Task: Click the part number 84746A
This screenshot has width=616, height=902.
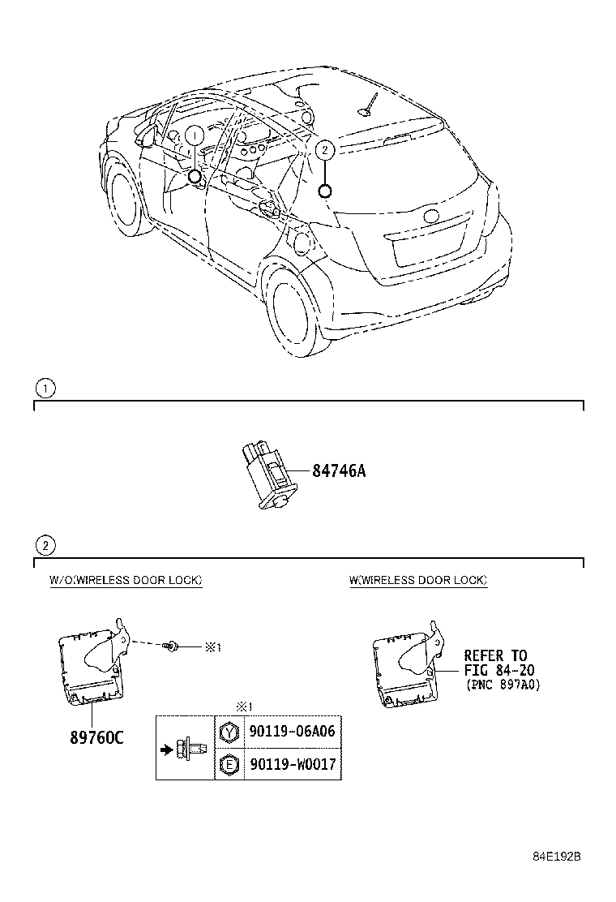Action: click(x=339, y=470)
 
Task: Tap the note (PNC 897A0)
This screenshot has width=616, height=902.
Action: click(x=503, y=685)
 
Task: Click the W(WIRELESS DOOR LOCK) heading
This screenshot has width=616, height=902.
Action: click(x=418, y=580)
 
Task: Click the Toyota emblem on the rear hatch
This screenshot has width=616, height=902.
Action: click(x=429, y=217)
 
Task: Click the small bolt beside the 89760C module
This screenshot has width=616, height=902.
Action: click(x=171, y=646)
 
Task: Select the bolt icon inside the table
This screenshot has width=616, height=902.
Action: click(x=184, y=748)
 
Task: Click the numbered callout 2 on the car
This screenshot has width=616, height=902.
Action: click(x=324, y=149)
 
